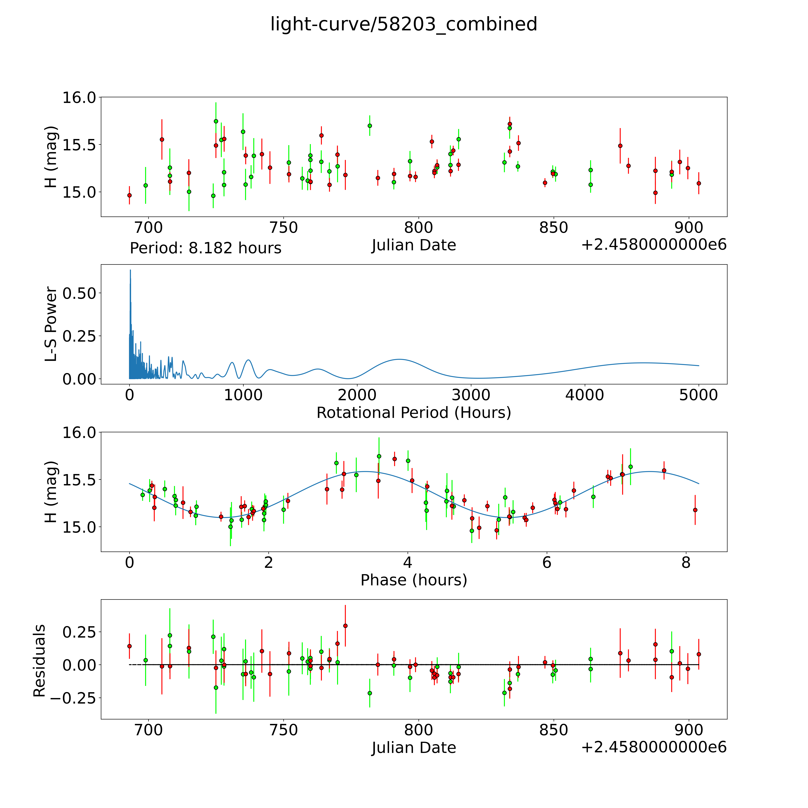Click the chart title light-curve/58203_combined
[x=404, y=24]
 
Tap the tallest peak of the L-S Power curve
[x=130, y=271]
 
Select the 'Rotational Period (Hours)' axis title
[x=414, y=413]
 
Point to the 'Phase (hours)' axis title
[x=414, y=580]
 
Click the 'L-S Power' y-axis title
[x=51, y=324]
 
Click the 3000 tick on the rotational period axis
[x=471, y=395]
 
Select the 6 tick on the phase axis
[x=547, y=562]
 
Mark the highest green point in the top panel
[x=216, y=121]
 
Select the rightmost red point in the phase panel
[x=695, y=510]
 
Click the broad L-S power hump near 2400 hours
[x=399, y=359]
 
